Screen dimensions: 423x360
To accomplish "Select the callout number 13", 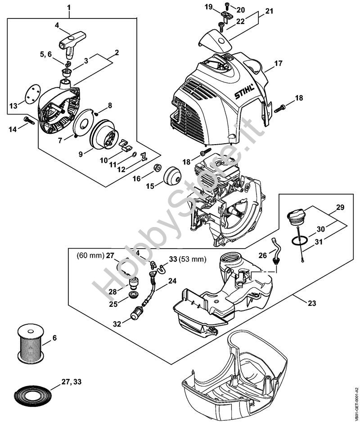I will (x=13, y=105).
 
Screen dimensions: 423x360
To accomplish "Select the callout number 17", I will (x=278, y=64).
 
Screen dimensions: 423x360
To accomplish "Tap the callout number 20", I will (x=241, y=10).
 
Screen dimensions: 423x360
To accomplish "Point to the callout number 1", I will (x=69, y=8).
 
